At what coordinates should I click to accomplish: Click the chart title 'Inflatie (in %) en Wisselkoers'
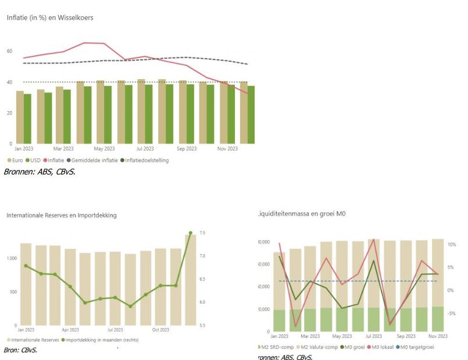pos(49,17)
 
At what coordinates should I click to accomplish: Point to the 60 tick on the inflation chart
pos(9,51)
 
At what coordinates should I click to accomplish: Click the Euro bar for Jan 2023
pos(20,117)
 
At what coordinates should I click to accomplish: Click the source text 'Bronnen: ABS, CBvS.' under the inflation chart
pos(40,172)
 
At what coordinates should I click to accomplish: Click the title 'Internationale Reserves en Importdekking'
pos(62,215)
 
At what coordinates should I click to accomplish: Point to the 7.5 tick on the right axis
pos(203,233)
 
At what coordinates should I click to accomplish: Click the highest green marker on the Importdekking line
pos(190,233)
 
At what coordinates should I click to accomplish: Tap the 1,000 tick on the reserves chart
pos(12,258)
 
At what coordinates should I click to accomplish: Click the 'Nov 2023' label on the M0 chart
pos(438,336)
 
